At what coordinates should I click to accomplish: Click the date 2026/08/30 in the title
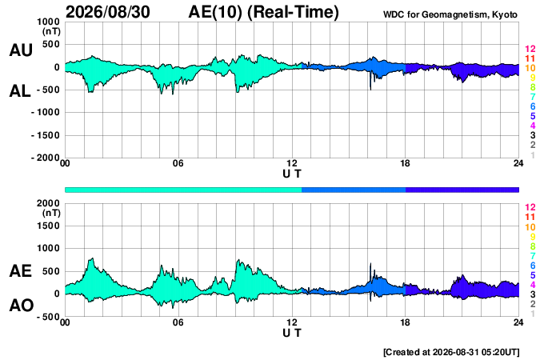108,12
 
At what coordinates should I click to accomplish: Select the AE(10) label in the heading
215,12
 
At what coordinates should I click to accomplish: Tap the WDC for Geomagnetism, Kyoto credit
450,14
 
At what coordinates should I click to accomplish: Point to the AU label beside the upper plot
21,50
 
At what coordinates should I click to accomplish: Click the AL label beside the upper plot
20,91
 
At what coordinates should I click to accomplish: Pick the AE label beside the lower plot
20,271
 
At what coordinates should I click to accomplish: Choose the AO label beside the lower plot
22,306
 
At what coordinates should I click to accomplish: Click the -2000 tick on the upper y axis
46,158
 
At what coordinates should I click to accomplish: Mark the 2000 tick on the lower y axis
50,203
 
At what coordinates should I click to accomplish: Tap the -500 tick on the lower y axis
48,317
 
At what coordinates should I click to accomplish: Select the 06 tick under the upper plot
178,163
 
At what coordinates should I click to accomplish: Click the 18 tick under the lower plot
405,322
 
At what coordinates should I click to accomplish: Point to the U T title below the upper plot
292,174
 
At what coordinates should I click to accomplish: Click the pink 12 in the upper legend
530,49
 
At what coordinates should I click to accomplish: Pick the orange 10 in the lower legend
530,227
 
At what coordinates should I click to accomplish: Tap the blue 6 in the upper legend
533,106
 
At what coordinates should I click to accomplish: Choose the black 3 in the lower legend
533,294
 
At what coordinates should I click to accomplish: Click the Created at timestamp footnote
451,352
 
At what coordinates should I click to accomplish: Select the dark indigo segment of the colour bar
462,190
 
